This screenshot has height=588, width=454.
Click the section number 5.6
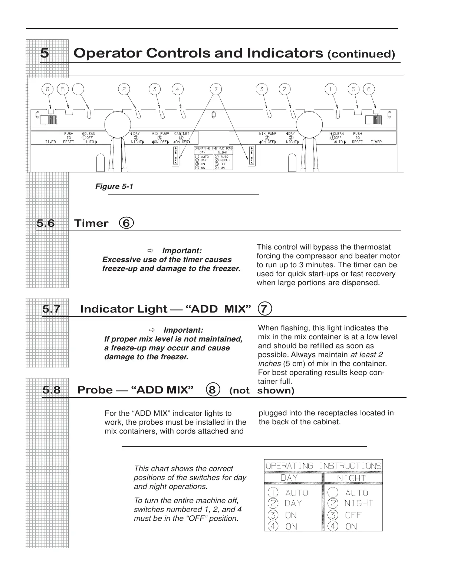(46, 223)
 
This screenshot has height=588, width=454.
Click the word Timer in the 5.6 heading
(91, 223)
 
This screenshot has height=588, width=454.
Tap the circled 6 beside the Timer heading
(126, 223)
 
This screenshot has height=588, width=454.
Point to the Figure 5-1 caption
(114, 186)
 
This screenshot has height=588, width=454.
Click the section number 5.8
(52, 390)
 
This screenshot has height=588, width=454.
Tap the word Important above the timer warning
(182, 251)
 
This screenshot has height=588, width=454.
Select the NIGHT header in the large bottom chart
(351, 478)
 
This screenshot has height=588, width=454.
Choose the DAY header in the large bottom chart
(289, 478)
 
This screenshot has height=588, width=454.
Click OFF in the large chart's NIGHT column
(353, 515)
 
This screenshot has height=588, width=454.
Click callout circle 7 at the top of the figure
(216, 89)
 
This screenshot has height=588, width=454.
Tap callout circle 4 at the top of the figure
(178, 89)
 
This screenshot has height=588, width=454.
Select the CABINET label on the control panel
(182, 134)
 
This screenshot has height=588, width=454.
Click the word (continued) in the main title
(361, 54)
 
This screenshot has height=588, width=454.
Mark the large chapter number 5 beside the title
(45, 53)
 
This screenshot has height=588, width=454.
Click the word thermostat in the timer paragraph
(372, 247)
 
